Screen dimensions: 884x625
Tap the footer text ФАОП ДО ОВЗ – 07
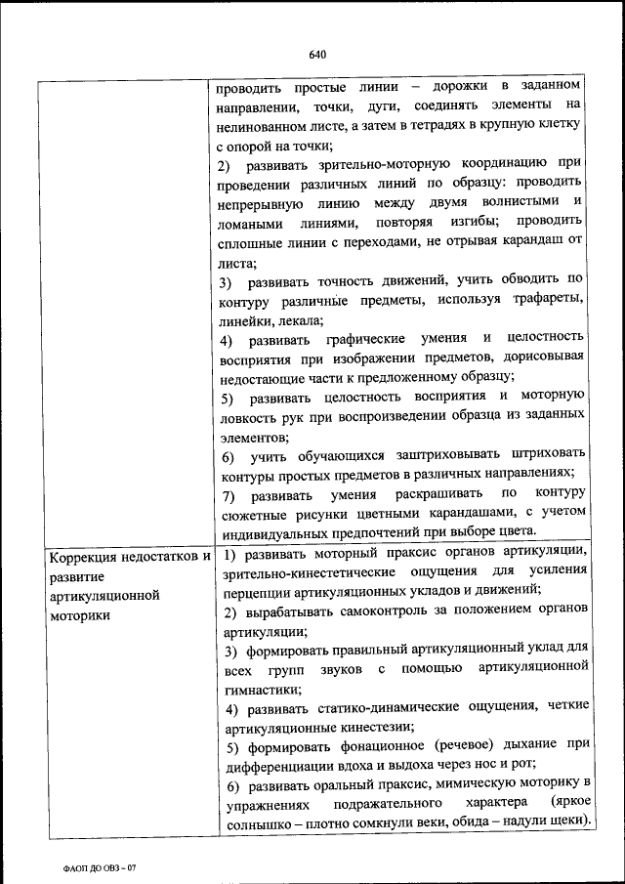[x=94, y=867]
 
